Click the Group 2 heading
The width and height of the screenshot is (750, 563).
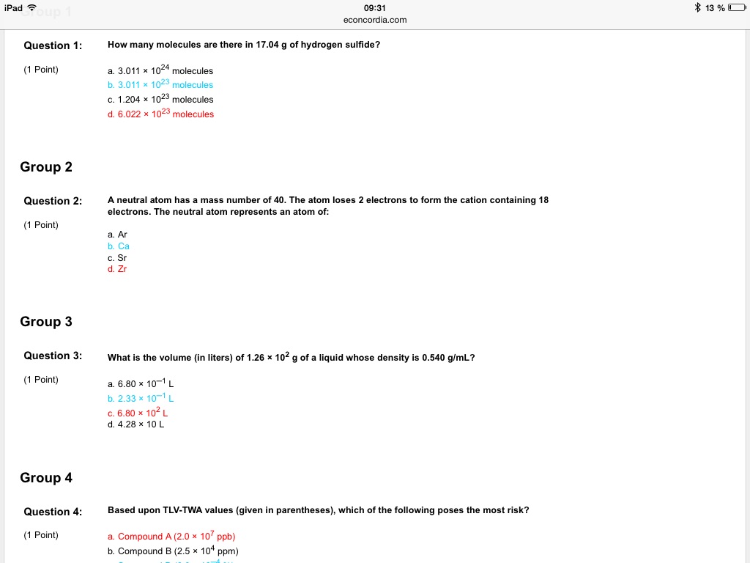(46, 167)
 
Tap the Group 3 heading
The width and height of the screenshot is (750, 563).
(46, 322)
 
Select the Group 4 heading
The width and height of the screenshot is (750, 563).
(46, 478)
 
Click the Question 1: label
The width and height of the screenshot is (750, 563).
(53, 45)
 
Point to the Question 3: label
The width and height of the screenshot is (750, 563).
(53, 356)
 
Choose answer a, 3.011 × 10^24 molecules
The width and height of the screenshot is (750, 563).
(160, 71)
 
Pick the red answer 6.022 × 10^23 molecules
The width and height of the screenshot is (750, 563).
(160, 114)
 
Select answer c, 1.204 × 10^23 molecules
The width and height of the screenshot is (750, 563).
(160, 100)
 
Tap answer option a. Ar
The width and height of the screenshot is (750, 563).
(117, 235)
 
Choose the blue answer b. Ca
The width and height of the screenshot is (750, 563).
(118, 246)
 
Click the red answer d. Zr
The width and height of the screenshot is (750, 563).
(117, 269)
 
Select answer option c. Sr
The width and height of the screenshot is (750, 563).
(117, 258)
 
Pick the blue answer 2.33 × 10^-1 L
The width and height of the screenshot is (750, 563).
(141, 399)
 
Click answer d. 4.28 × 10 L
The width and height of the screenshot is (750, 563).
(136, 424)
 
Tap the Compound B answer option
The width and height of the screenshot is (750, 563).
(173, 551)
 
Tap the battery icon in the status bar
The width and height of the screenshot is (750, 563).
(738, 8)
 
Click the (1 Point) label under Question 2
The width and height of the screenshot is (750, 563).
(41, 225)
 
